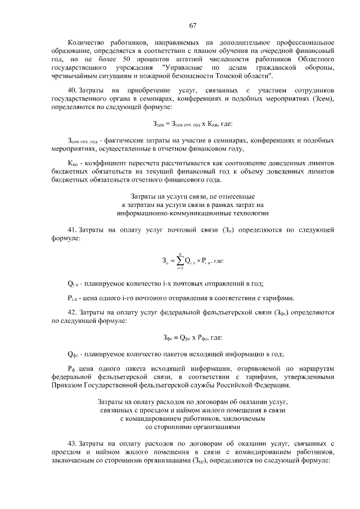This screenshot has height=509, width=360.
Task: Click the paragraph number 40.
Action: point(71,90)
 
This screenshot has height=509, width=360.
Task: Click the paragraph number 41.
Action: point(71,230)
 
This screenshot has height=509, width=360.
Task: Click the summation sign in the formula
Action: point(179,260)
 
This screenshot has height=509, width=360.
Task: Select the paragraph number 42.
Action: point(71,311)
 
